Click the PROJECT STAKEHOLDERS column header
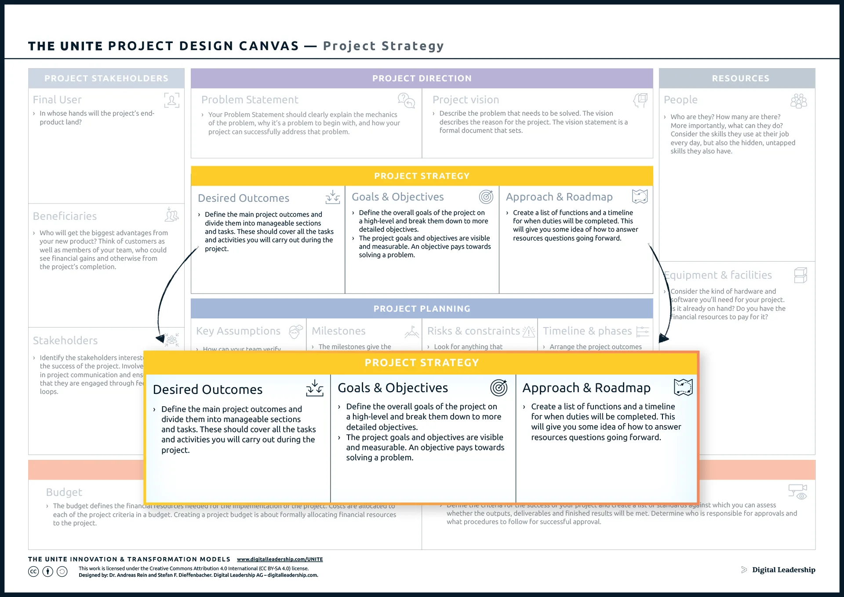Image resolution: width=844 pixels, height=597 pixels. [106, 78]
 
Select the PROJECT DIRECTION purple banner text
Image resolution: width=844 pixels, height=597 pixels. [422, 78]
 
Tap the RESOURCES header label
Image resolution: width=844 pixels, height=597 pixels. [740, 78]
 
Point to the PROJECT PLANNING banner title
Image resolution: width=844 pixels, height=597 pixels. [422, 309]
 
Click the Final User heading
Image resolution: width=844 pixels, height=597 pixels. [57, 100]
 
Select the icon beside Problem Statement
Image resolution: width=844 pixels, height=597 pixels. [406, 100]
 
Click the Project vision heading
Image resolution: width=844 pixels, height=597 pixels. [466, 100]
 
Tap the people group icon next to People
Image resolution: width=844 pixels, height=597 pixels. [798, 101]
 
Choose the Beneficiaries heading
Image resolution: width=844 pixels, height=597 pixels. [65, 216]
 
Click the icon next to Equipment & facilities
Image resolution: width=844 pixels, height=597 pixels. [800, 275]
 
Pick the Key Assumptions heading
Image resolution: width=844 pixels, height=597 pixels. [238, 331]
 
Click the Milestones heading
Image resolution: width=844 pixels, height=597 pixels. [338, 331]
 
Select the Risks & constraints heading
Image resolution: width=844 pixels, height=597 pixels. [473, 331]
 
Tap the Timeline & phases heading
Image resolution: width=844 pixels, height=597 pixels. [587, 331]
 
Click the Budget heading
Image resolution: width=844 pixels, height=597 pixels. [64, 492]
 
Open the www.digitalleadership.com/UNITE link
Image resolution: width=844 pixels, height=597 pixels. [280, 559]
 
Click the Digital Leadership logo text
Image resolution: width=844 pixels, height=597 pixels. [783, 570]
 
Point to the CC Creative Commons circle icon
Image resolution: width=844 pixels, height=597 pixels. [33, 572]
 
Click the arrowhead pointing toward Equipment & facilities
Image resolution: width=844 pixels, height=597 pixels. [663, 339]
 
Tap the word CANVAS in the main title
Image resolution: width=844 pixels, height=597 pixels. [269, 46]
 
